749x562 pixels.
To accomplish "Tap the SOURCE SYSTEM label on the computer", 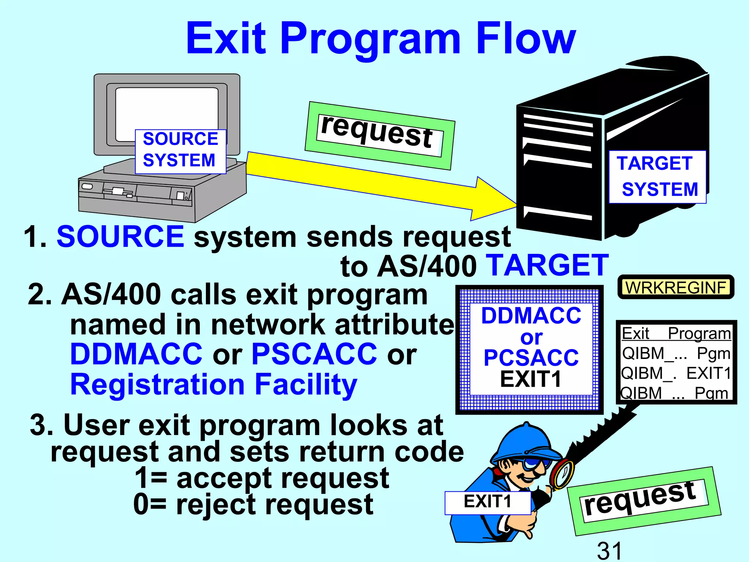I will coord(180,150).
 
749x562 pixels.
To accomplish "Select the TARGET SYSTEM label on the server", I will coord(657,177).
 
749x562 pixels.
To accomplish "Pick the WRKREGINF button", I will coord(675,287).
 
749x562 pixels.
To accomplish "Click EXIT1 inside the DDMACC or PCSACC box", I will coord(530,379).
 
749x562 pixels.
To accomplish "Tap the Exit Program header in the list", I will coord(676,333).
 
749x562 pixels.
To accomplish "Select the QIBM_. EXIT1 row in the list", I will coord(676,374).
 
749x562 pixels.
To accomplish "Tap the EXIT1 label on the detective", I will coord(488,502).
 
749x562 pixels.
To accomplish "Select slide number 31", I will coord(609,550).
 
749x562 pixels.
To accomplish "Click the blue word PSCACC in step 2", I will coord(314,354).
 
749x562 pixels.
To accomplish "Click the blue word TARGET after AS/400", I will coord(549,265).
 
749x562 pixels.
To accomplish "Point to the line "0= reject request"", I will coord(253,504).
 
